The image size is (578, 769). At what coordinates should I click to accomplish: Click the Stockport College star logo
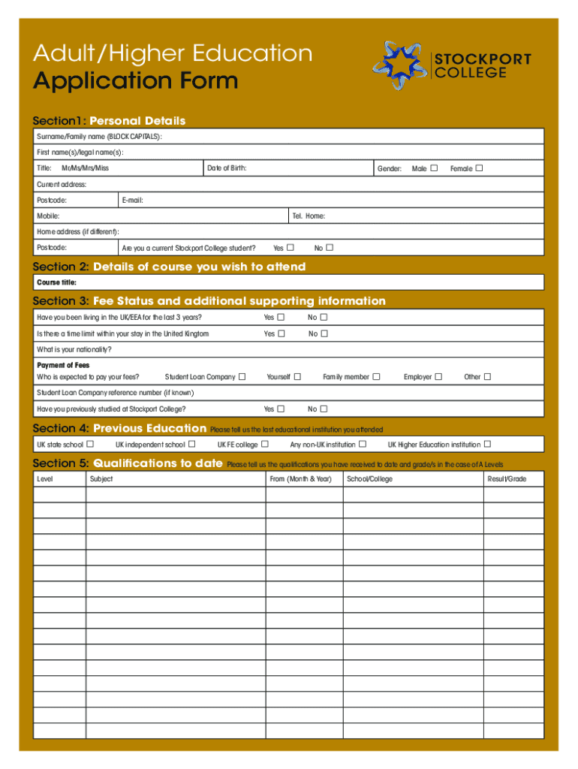400,65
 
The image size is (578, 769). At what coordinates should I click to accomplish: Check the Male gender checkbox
434,168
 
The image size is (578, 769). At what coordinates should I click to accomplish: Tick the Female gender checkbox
479,168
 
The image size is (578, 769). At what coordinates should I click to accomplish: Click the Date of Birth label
227,168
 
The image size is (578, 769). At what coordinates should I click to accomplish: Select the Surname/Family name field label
99,137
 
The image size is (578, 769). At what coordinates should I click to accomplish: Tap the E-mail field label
132,201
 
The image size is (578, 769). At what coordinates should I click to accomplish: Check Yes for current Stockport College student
291,248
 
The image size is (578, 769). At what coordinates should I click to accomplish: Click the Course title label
56,282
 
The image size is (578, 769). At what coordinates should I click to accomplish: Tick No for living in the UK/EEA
324,318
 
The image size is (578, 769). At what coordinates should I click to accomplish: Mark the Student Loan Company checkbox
241,377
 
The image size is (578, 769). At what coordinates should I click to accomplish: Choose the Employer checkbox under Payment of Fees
438,377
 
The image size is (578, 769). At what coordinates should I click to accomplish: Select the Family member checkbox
377,377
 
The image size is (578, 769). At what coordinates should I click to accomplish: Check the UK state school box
91,445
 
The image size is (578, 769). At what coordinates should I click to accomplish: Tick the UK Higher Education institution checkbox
488,445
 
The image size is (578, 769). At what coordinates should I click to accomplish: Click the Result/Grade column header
507,479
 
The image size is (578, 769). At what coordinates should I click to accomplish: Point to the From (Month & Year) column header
300,479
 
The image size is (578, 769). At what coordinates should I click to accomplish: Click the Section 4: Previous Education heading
119,429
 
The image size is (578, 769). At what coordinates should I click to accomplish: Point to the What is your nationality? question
74,350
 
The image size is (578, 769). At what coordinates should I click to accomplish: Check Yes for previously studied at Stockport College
281,409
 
